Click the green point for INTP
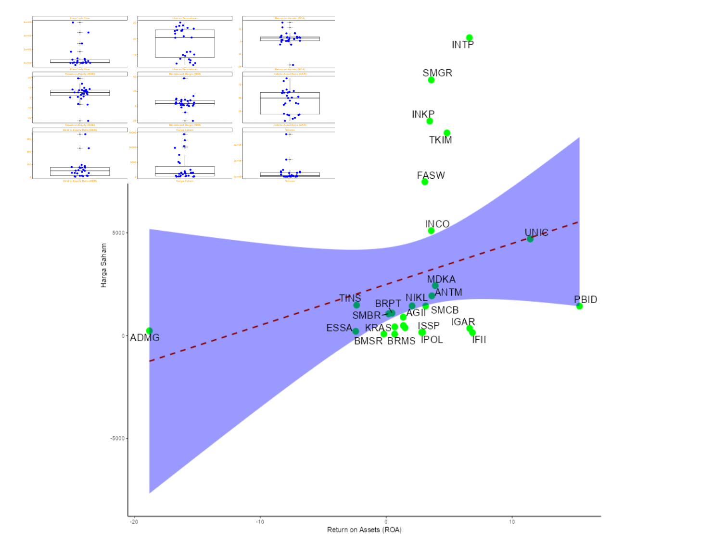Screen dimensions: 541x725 point(469,38)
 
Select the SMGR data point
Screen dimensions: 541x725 point(431,80)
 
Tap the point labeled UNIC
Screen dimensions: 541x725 point(530,239)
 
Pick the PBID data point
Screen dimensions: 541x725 point(579,306)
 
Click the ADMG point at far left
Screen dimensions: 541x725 point(149,331)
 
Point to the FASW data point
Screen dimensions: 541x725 point(425,182)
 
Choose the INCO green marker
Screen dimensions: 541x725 point(431,231)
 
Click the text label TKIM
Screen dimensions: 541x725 point(440,140)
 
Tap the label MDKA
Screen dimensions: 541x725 point(441,279)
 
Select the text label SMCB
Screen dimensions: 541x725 point(445,310)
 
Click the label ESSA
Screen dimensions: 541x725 point(339,328)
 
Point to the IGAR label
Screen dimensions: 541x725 point(463,322)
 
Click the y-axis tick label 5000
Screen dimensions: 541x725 point(118,233)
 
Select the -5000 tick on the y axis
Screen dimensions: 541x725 point(117,439)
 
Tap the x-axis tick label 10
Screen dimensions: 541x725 point(512,522)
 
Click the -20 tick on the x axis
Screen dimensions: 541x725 point(134,522)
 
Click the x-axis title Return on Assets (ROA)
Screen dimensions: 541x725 point(364,530)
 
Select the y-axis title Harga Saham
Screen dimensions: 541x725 point(103,265)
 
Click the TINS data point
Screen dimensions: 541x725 point(356,305)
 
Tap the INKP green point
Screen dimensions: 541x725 point(430,121)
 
